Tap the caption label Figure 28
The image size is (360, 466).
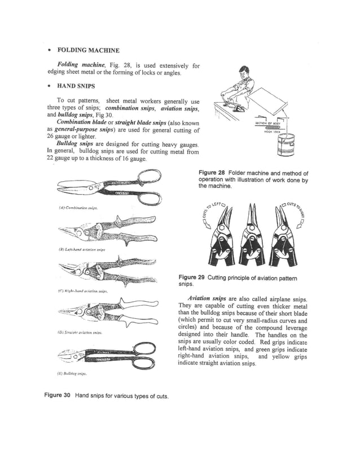point(212,173)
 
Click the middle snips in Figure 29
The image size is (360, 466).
point(249,234)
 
